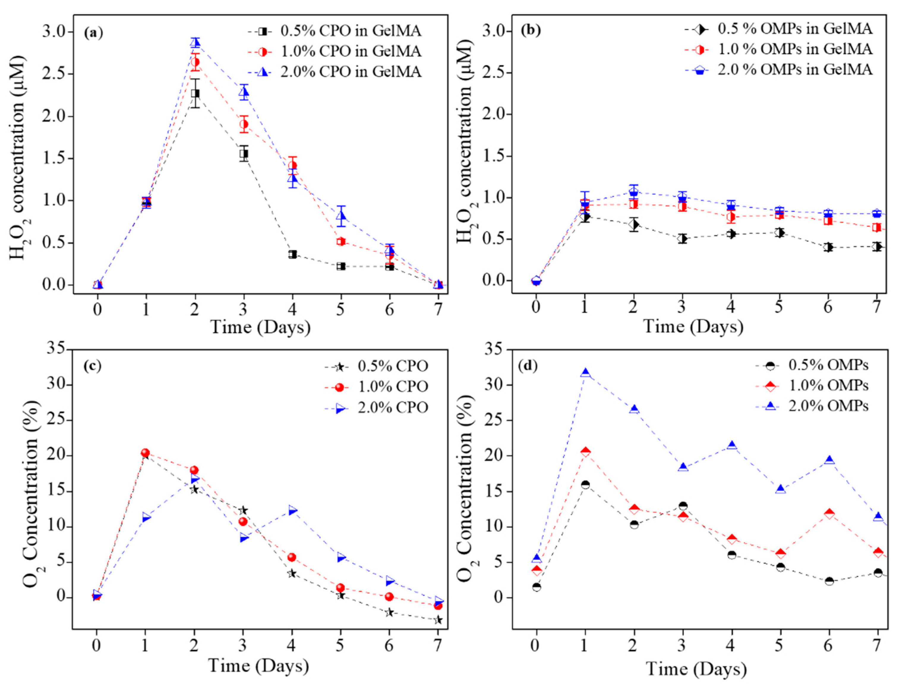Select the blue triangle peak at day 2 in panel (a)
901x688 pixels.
195,42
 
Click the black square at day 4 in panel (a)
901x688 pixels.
293,254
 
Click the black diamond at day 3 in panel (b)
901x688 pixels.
682,238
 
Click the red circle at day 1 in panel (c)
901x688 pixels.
145,453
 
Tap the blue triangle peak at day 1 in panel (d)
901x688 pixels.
586,373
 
